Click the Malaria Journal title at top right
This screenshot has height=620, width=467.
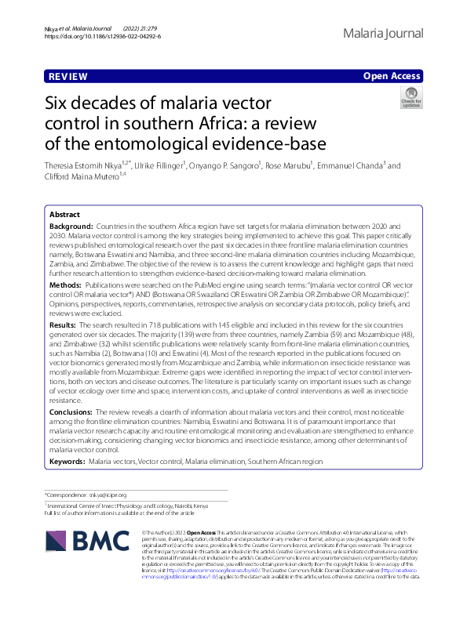coord(383,34)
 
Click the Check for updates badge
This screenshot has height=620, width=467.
coord(433,99)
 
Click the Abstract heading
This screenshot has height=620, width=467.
coord(64,215)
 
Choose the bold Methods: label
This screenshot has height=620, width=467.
coord(67,287)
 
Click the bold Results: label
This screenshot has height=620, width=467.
coord(64,323)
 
